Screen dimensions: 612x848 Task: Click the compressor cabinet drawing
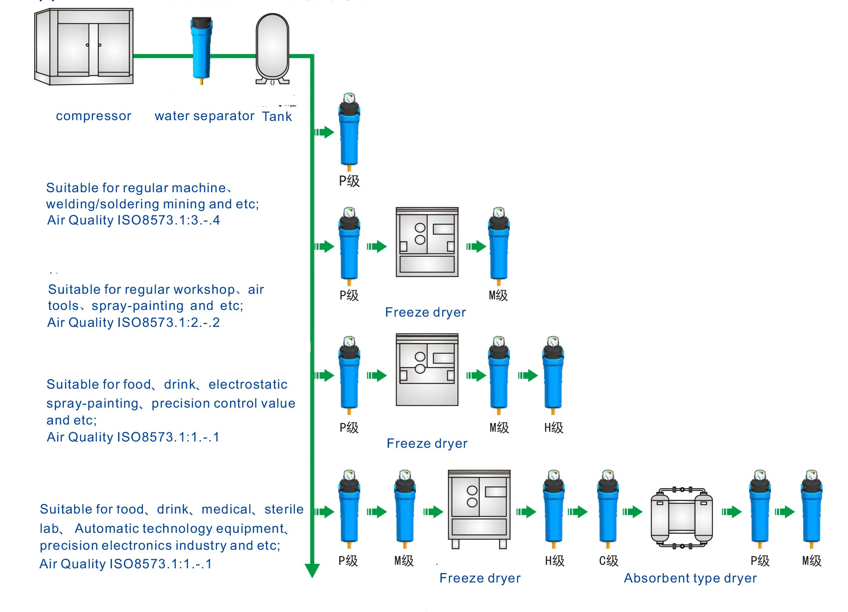(x=84, y=46)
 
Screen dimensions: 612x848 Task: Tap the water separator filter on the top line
(x=201, y=49)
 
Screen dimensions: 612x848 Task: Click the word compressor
(x=93, y=116)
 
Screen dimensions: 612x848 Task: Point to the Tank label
(x=277, y=117)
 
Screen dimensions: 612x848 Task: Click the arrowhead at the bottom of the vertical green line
(x=312, y=570)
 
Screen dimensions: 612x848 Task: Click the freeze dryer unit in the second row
(x=427, y=242)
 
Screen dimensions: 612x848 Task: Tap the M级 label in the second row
(x=498, y=295)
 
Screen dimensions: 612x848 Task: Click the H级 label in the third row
(x=554, y=428)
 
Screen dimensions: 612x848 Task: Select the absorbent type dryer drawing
(x=681, y=518)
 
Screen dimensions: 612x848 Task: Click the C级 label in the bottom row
(x=609, y=561)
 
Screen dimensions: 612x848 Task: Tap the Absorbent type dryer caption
(x=690, y=578)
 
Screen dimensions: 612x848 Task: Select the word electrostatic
(x=248, y=384)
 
